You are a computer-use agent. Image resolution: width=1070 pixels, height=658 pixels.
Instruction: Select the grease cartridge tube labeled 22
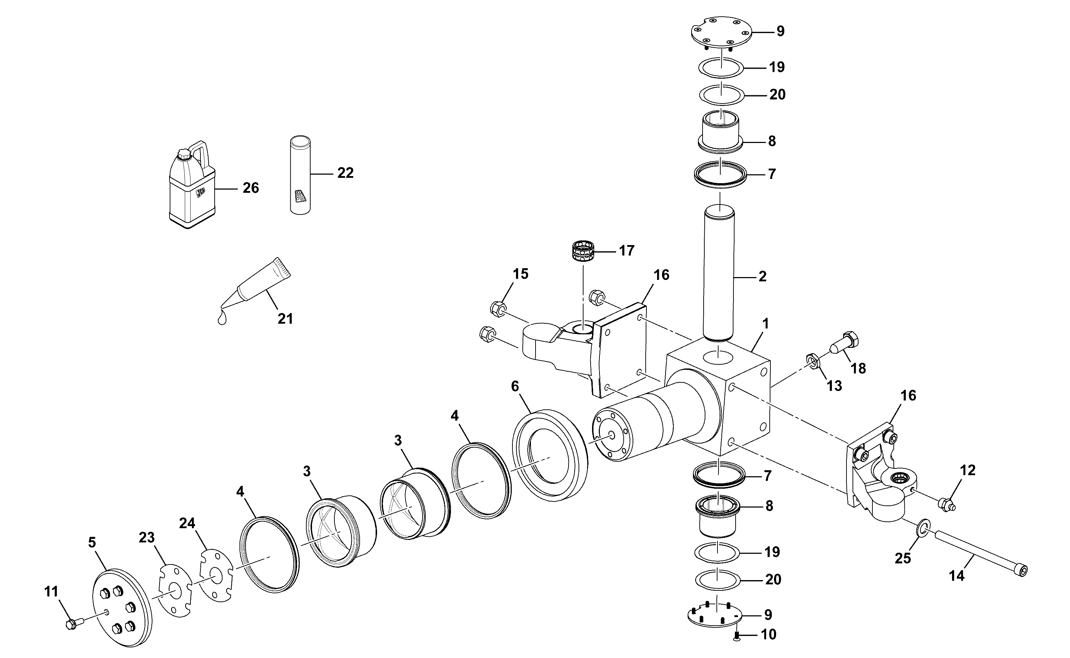coord(300,175)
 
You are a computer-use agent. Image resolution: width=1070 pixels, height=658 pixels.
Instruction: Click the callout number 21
coord(285,319)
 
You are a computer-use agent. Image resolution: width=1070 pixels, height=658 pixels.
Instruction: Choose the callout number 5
coord(92,543)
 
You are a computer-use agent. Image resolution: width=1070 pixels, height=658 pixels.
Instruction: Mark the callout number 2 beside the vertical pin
coord(762,276)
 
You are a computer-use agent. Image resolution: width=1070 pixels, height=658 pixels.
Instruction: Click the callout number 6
coord(515,386)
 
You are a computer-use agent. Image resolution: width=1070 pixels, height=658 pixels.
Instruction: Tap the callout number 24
coord(187,523)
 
